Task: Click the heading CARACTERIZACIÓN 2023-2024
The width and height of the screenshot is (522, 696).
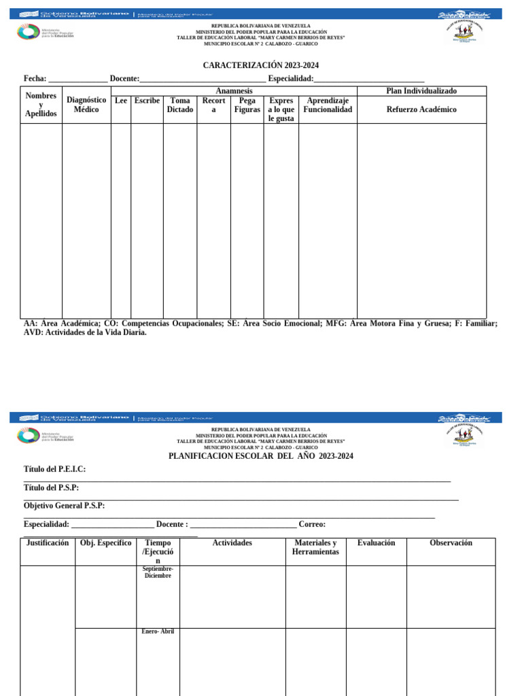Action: tap(261, 65)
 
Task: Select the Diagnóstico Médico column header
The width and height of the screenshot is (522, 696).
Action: tap(86, 105)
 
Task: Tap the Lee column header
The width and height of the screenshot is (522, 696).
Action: tap(121, 101)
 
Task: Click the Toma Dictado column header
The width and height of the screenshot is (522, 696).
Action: tap(180, 105)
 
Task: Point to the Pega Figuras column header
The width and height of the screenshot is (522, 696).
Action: tap(247, 105)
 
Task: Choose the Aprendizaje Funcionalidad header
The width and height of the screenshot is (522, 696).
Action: tap(328, 105)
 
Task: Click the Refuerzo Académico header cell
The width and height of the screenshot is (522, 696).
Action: tap(421, 109)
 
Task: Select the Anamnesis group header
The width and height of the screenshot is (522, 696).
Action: tap(234, 91)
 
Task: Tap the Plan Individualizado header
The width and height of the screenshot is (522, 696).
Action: tap(421, 91)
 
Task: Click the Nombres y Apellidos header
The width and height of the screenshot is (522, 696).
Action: tap(41, 105)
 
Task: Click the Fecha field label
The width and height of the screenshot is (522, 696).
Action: tap(35, 79)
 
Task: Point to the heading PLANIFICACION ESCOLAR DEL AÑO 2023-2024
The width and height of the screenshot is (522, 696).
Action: tap(261, 456)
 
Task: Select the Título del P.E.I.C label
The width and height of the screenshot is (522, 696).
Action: tap(55, 469)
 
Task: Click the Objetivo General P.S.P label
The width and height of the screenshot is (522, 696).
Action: tap(65, 506)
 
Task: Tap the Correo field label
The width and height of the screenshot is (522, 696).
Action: tap(312, 524)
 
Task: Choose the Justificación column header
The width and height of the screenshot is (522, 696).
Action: tap(48, 543)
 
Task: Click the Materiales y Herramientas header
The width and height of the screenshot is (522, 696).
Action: tap(315, 547)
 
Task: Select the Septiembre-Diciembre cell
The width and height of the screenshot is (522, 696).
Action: tap(158, 572)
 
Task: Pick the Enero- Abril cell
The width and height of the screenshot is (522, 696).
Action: tap(158, 631)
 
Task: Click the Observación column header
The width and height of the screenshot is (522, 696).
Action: tap(451, 543)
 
